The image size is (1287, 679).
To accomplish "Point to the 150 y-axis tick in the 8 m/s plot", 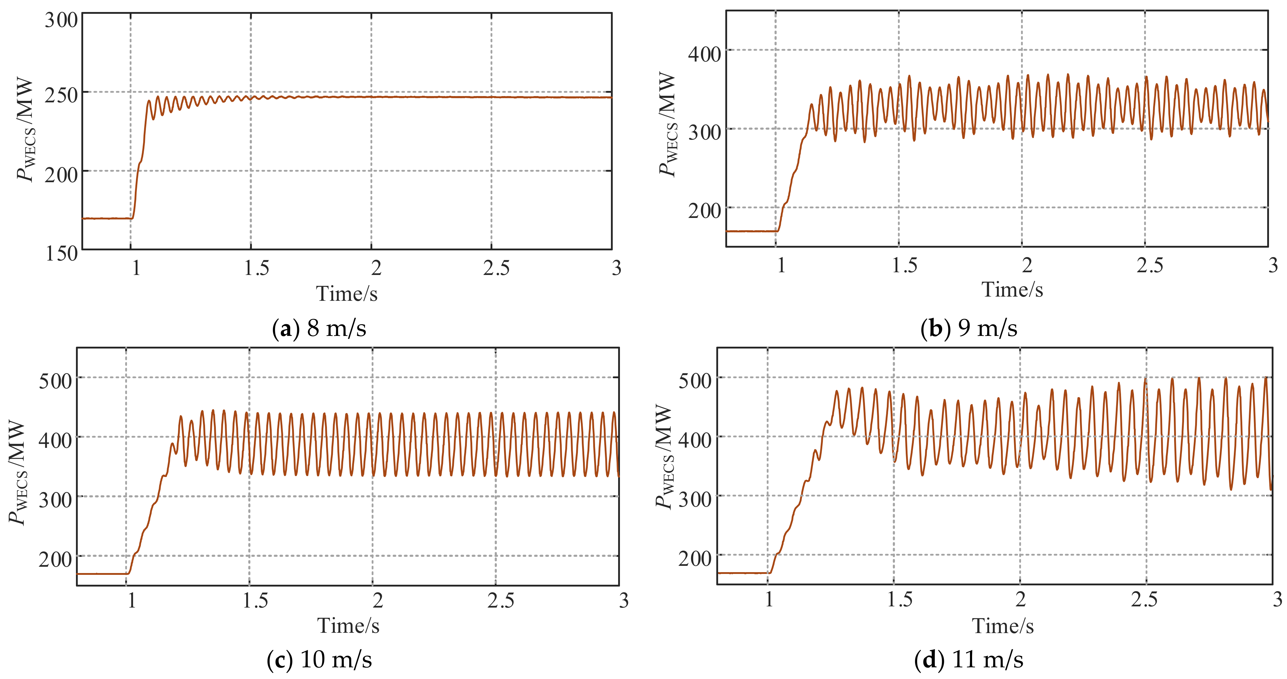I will click(x=61, y=253).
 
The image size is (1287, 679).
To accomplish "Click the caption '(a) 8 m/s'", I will click(x=319, y=328).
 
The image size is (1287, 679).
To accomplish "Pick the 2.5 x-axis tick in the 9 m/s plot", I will click(x=1149, y=265).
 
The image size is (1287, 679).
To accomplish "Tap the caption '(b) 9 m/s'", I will click(x=968, y=328).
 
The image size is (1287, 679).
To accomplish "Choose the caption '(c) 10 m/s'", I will click(x=319, y=659).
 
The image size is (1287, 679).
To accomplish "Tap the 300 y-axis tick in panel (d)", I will click(x=694, y=499).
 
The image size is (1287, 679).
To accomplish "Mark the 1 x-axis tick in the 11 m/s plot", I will click(x=769, y=599).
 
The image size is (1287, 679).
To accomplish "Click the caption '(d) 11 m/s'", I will click(x=968, y=659).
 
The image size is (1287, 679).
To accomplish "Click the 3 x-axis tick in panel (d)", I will click(x=1276, y=599).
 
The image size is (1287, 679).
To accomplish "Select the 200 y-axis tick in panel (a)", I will click(x=61, y=175).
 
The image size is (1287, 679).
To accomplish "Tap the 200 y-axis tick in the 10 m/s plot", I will click(x=56, y=560).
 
